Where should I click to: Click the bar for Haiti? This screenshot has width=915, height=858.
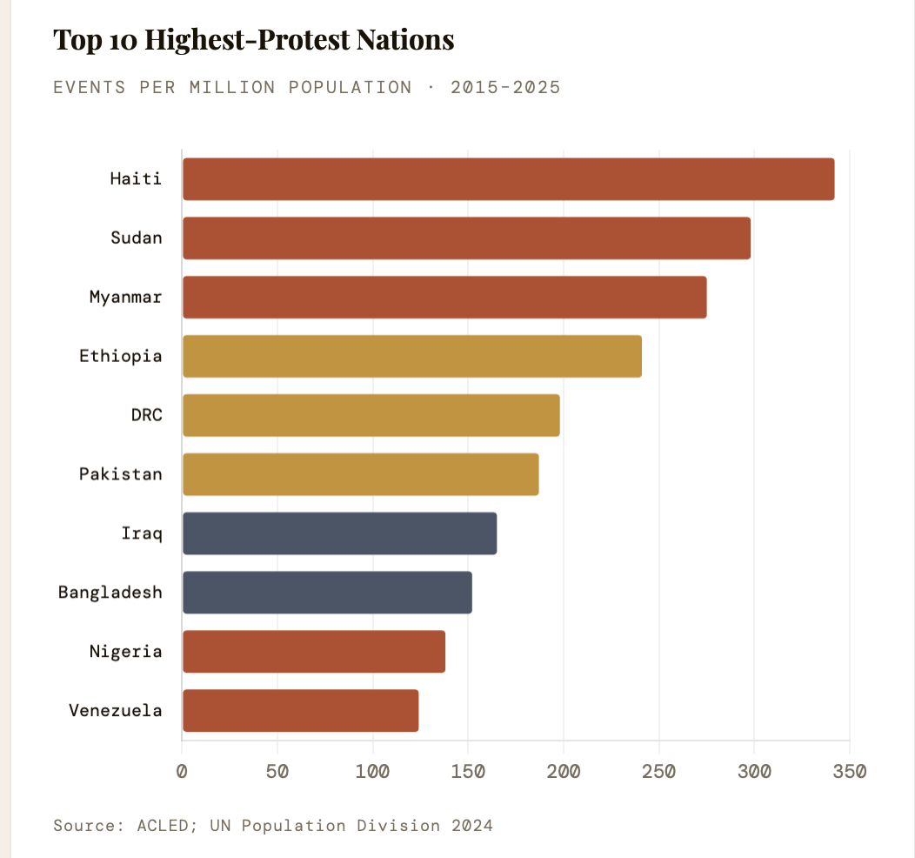point(508,179)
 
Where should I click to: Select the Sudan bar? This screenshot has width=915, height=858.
point(466,238)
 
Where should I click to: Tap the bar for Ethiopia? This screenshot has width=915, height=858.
point(412,357)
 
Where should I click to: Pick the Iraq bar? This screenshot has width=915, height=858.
point(339,533)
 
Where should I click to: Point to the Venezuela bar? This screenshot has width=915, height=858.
point(300,711)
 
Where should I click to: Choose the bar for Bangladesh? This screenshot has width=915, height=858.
point(327,593)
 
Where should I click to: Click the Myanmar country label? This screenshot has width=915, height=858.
point(125,297)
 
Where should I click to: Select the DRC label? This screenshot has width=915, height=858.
point(146,415)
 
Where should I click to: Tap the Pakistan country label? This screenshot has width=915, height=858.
point(120,474)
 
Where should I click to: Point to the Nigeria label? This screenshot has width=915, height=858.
point(125,651)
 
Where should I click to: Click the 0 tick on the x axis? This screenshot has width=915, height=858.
point(182,771)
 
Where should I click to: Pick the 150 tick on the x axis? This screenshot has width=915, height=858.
point(468,771)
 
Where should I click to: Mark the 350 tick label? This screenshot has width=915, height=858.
point(849,771)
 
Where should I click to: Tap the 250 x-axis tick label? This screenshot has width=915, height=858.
point(658,771)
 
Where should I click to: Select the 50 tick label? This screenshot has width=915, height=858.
point(277,771)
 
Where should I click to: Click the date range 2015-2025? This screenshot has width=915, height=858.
point(505,87)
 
